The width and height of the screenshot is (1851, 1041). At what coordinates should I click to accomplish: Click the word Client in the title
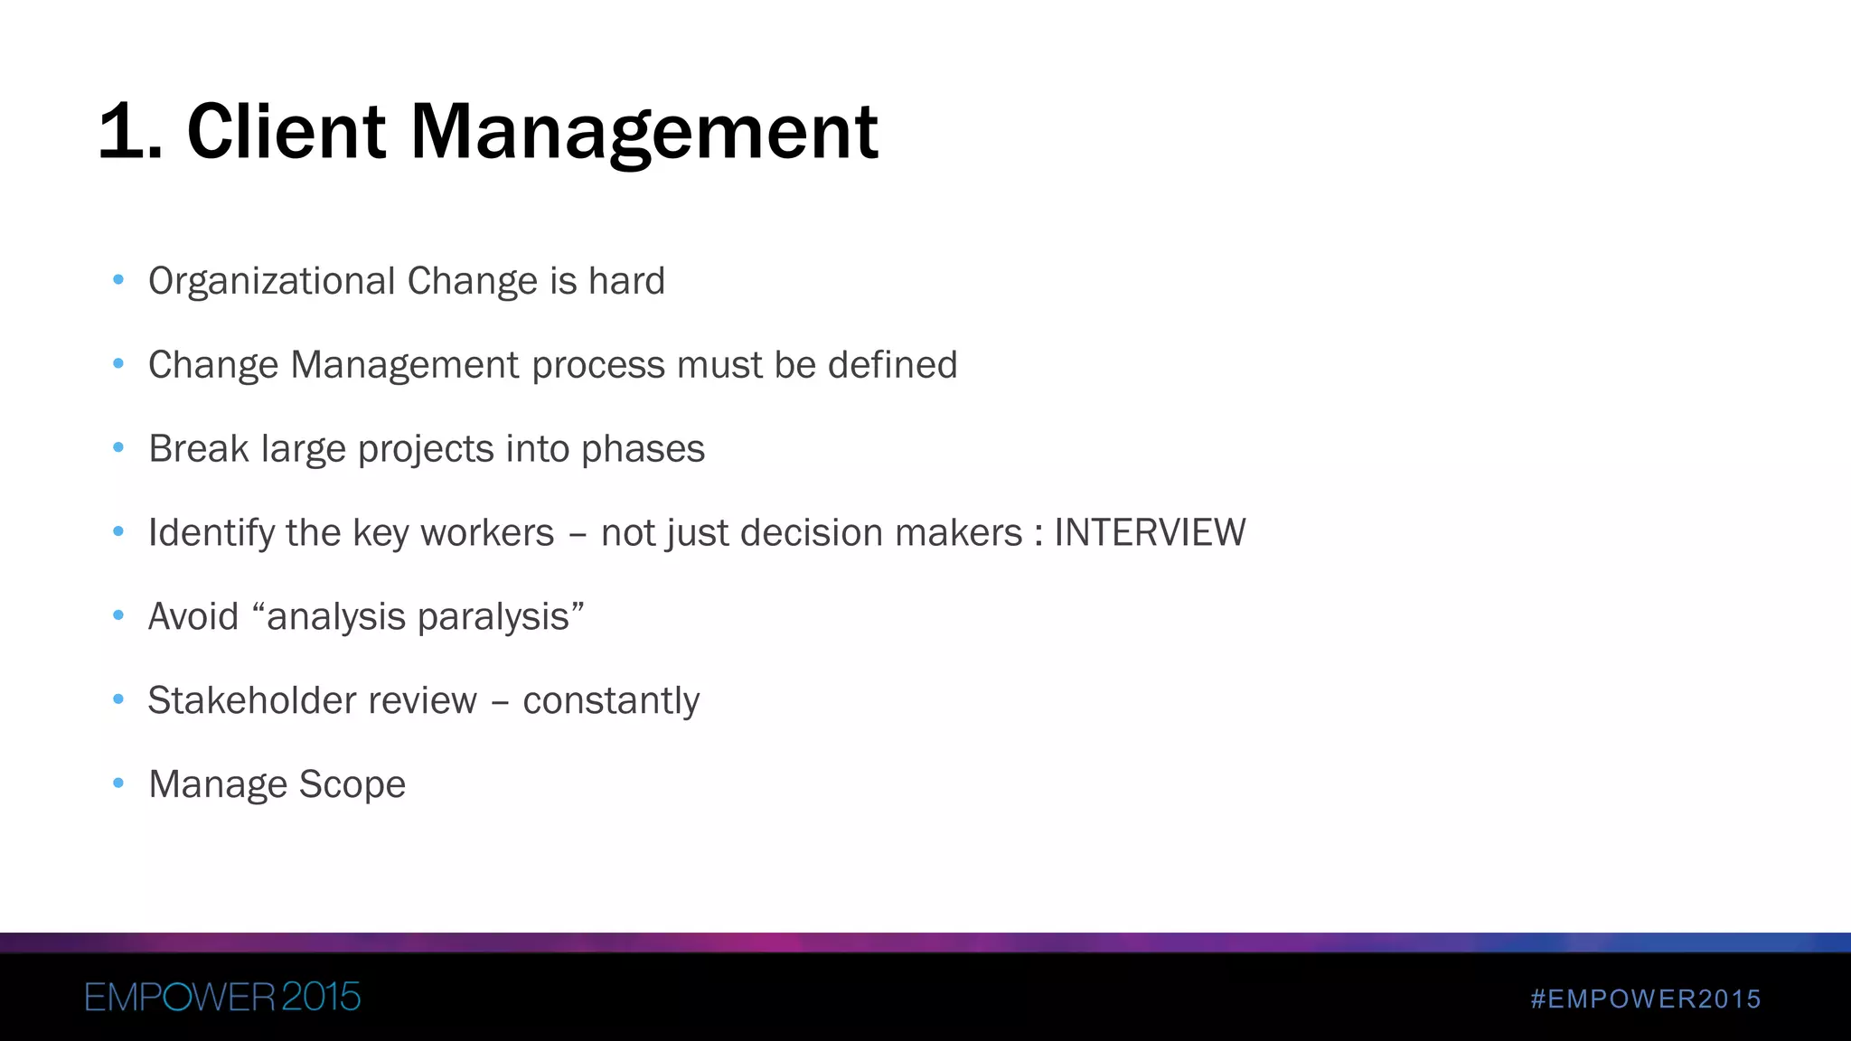tap(287, 133)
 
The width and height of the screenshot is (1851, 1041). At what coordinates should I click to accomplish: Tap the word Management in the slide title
tap(644, 133)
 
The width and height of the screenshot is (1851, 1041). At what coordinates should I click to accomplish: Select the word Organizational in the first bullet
tap(271, 281)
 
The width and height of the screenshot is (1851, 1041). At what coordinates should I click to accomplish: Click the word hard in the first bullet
tap(626, 281)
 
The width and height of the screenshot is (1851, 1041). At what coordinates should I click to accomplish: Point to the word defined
tap(892, 365)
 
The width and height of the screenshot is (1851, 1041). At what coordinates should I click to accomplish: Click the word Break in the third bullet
tap(198, 449)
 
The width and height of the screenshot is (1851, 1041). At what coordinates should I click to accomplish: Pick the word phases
tap(643, 449)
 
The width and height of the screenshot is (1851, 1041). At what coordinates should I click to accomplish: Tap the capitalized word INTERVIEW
tap(1150, 532)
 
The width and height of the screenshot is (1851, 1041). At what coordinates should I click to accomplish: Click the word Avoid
tap(193, 617)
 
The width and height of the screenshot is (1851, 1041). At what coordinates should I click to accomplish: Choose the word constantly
tap(611, 700)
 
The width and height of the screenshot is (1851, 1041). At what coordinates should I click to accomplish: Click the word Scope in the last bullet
tap(352, 784)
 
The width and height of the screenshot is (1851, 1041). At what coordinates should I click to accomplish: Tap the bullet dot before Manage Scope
tap(117, 783)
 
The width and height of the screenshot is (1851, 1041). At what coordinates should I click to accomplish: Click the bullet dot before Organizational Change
tap(117, 280)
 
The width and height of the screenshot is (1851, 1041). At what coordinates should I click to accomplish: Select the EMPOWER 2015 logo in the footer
tap(222, 998)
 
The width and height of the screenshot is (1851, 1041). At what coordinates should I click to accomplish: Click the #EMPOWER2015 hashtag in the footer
tap(1646, 999)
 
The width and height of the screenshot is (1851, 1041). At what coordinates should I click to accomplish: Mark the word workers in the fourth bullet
tap(487, 532)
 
